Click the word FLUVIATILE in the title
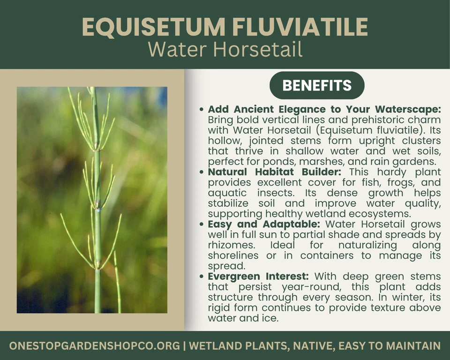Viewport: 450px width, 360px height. [x=304, y=27]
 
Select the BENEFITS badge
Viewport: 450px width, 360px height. [x=317, y=85]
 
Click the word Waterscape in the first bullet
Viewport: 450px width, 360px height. [x=409, y=109]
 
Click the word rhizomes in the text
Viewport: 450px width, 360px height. [x=229, y=245]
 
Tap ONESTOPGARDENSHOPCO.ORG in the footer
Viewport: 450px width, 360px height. [x=94, y=346]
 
